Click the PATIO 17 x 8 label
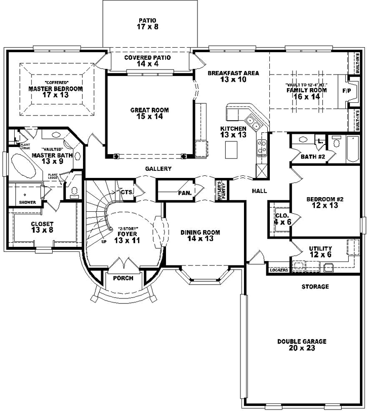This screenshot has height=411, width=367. click(x=148, y=24)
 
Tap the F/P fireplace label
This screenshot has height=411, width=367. click(x=347, y=91)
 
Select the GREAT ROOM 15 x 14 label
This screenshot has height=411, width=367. click(x=149, y=114)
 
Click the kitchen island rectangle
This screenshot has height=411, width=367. click(x=231, y=150)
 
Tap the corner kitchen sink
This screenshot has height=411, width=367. click(x=253, y=122)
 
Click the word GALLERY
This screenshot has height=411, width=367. click(x=158, y=169)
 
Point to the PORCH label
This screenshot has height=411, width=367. click(x=124, y=278)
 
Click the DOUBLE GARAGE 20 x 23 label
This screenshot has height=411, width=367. click(x=301, y=345)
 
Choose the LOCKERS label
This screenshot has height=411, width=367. click(x=279, y=270)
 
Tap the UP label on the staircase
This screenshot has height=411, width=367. click(x=104, y=242)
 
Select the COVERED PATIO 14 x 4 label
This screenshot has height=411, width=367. click(x=147, y=61)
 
